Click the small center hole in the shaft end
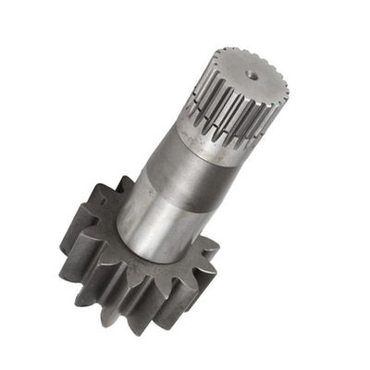click(x=253, y=70)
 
